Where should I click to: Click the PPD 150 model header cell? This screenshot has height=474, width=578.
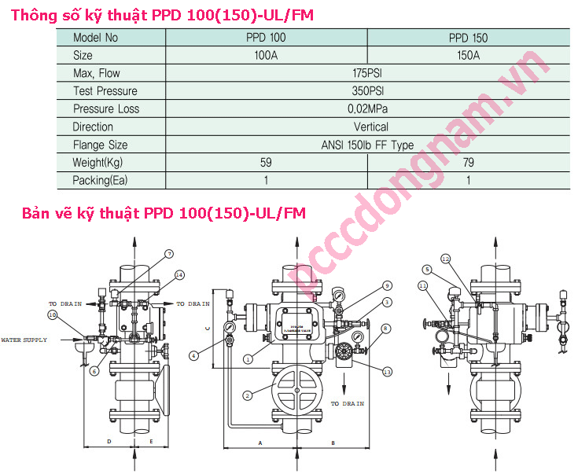coord(469,37)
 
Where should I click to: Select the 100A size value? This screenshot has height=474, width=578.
coord(267,55)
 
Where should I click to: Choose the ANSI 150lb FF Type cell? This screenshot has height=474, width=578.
coord(366,145)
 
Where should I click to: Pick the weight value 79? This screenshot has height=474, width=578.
coord(469,163)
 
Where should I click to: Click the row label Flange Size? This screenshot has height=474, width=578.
coord(100,145)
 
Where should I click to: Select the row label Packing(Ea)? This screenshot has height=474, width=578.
coord(100,180)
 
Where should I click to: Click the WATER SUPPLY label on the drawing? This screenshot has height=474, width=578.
coord(24,340)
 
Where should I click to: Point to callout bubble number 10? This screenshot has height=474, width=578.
coord(53,315)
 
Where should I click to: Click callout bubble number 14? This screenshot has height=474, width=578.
coord(180,275)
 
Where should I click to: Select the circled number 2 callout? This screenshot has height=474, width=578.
coord(248,395)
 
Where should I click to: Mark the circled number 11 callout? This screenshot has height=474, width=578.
coord(422,285)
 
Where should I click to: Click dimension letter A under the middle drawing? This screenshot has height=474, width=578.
coord(260,443)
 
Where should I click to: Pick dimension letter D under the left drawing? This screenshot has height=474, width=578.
coord(109,443)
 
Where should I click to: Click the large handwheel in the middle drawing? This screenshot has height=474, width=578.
coord(296,391)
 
